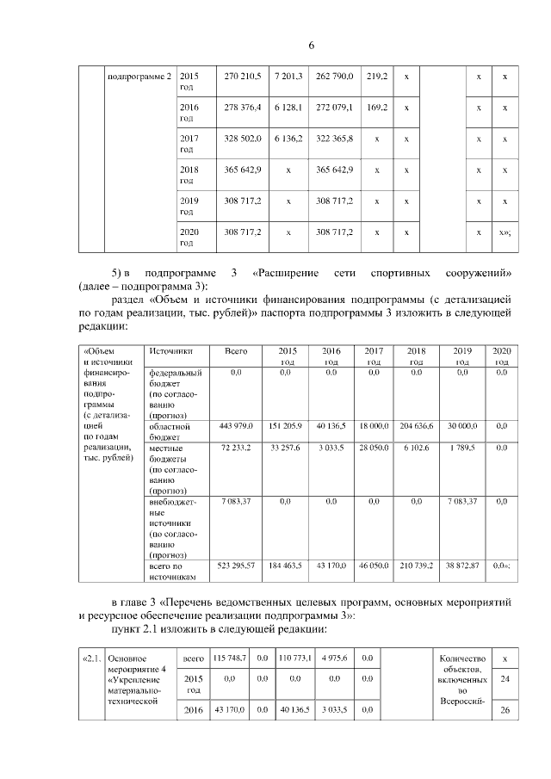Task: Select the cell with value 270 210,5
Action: (x=242, y=77)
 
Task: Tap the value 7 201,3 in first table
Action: (x=288, y=77)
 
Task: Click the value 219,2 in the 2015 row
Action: (x=375, y=77)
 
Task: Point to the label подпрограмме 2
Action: (x=139, y=77)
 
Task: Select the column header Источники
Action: (x=170, y=351)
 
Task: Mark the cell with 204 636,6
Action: (x=416, y=427)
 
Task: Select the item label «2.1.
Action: (x=92, y=658)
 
